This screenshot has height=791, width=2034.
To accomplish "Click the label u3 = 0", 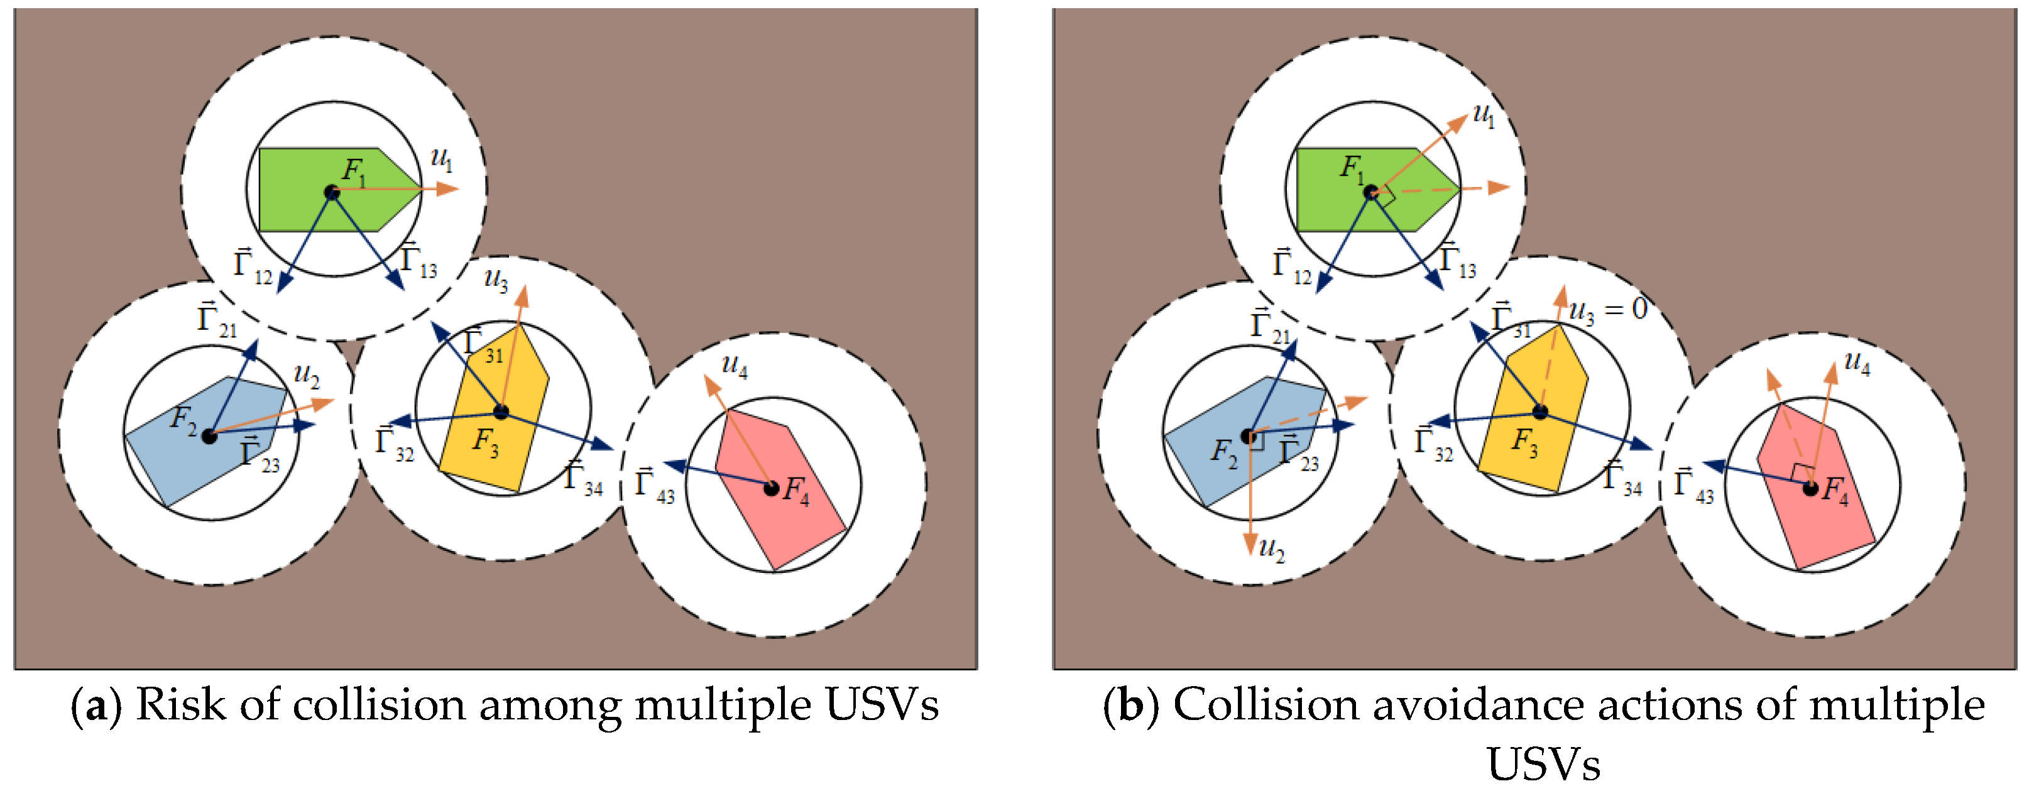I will click(1607, 311).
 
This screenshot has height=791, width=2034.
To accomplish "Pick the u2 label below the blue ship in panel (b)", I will click(1272, 548).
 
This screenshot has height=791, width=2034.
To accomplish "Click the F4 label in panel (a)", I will click(796, 491).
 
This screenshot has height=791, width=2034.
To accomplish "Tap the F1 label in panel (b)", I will click(1352, 169).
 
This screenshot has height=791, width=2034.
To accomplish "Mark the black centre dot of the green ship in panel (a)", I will click(332, 192).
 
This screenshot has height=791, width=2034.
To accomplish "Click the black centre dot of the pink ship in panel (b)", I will click(1810, 489).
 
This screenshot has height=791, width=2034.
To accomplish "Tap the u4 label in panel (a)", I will click(735, 366).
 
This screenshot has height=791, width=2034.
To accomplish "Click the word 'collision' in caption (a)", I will click(378, 704).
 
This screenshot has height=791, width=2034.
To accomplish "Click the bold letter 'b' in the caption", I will click(1130, 704).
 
